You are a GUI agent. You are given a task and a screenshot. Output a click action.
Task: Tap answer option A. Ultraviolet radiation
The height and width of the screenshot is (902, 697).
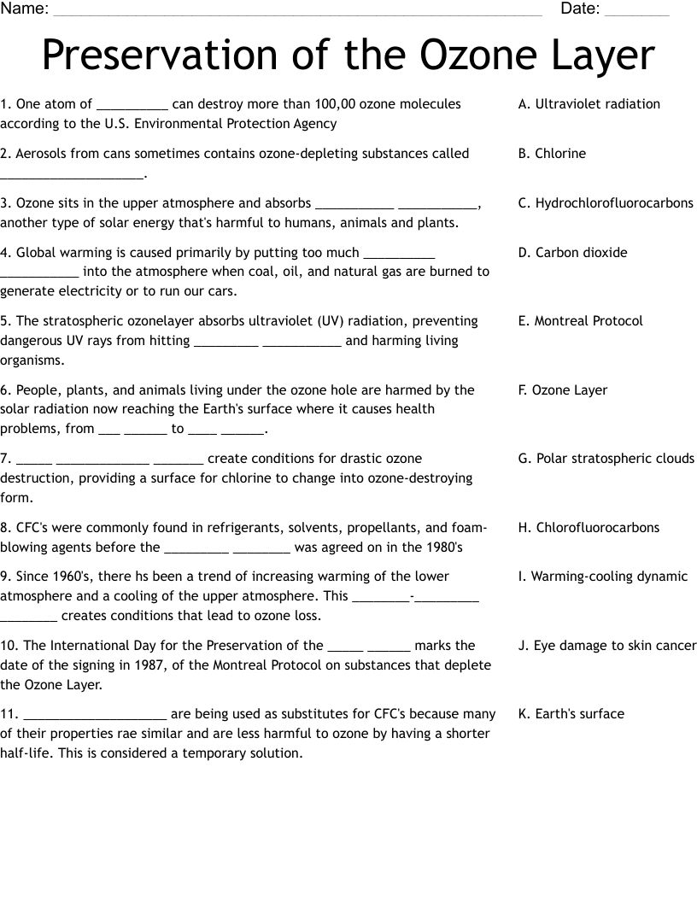pyautogui.click(x=589, y=104)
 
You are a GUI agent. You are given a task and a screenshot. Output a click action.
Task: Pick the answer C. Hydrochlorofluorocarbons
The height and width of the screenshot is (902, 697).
pyautogui.click(x=606, y=203)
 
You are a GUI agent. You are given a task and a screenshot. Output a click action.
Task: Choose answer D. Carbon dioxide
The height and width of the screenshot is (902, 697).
pyautogui.click(x=572, y=253)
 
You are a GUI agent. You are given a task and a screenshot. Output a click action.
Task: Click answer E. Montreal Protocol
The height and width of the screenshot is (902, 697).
pyautogui.click(x=580, y=321)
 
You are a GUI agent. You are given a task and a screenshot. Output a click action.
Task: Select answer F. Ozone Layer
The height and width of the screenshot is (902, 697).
pyautogui.click(x=562, y=390)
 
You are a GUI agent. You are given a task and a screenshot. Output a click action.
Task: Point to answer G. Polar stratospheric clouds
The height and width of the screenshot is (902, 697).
pyautogui.click(x=606, y=459)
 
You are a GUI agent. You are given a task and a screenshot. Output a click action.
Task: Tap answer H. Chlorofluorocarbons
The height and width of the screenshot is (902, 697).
pyautogui.click(x=589, y=528)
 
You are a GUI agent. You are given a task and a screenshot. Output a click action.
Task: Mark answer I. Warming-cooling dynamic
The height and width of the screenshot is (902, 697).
pyautogui.click(x=602, y=577)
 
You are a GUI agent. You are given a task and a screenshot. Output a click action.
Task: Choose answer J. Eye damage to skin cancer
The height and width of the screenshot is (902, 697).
pyautogui.click(x=606, y=646)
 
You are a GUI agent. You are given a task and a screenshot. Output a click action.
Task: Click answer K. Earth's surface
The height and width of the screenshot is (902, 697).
pyautogui.click(x=571, y=714)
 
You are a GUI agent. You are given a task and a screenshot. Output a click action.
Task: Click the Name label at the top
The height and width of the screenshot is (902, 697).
pyautogui.click(x=24, y=9)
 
